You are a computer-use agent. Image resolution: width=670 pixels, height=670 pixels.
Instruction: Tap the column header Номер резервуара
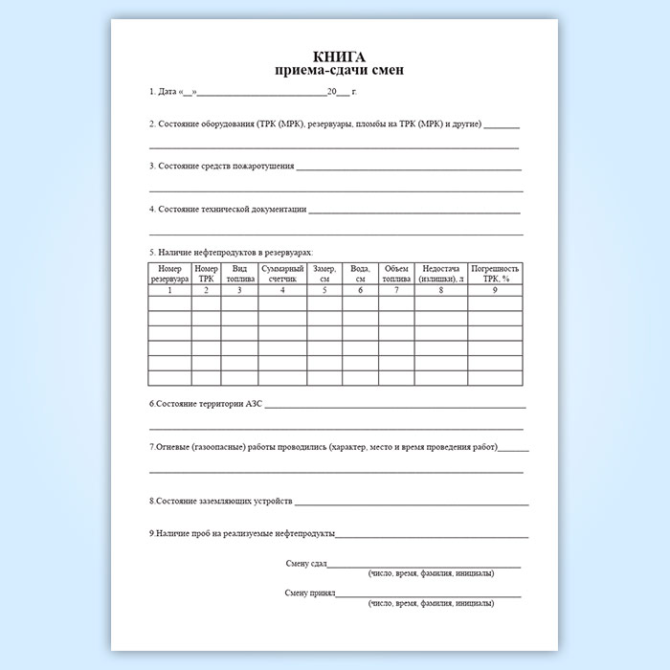click(169, 274)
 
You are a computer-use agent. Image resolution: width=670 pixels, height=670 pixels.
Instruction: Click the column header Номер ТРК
click(206, 274)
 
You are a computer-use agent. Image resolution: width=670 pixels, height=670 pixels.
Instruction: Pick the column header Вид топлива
click(239, 274)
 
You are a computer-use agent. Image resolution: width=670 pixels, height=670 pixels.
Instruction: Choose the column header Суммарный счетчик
click(282, 274)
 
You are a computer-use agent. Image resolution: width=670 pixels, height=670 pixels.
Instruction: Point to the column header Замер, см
click(325, 274)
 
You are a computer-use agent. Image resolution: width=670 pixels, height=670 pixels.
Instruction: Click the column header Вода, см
click(360, 274)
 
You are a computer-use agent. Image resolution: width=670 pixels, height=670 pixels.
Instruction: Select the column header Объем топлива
click(396, 274)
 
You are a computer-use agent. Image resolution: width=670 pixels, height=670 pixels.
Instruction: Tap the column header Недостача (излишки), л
click(441, 274)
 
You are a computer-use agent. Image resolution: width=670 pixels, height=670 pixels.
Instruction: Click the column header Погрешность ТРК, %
click(496, 274)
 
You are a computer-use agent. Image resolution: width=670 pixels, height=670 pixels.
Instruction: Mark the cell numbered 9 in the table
click(495, 290)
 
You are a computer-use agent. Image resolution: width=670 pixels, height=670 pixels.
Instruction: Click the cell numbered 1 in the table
click(169, 290)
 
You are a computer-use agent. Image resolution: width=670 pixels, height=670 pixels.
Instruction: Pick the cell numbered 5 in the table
click(325, 290)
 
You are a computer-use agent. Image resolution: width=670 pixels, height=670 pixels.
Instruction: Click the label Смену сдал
click(306, 563)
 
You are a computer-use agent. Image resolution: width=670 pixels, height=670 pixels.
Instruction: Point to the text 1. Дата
click(164, 93)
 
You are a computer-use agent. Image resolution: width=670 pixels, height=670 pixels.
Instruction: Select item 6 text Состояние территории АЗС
click(206, 405)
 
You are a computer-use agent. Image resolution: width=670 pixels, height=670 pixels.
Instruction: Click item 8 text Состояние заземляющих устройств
click(220, 501)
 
